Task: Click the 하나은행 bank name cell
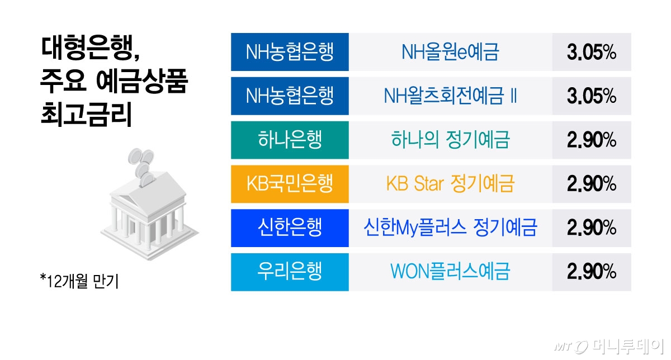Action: (x=290, y=140)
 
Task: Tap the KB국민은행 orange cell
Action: (x=290, y=184)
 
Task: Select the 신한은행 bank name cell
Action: (x=290, y=228)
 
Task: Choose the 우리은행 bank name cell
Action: (x=290, y=272)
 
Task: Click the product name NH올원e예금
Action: (x=450, y=52)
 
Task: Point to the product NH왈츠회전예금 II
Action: (x=450, y=96)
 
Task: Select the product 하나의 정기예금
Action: (x=450, y=140)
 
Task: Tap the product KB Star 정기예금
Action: (x=450, y=184)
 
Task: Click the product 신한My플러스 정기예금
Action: (x=450, y=228)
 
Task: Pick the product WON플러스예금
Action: (x=450, y=272)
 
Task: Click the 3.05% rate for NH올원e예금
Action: (x=592, y=52)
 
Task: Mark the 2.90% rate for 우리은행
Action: (x=592, y=272)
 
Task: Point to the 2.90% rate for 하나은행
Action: (x=592, y=140)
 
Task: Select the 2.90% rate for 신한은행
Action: (x=592, y=228)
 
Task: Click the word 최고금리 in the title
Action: (x=86, y=115)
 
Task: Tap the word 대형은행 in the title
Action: (x=87, y=48)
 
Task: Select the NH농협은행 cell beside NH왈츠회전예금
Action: (x=290, y=96)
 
